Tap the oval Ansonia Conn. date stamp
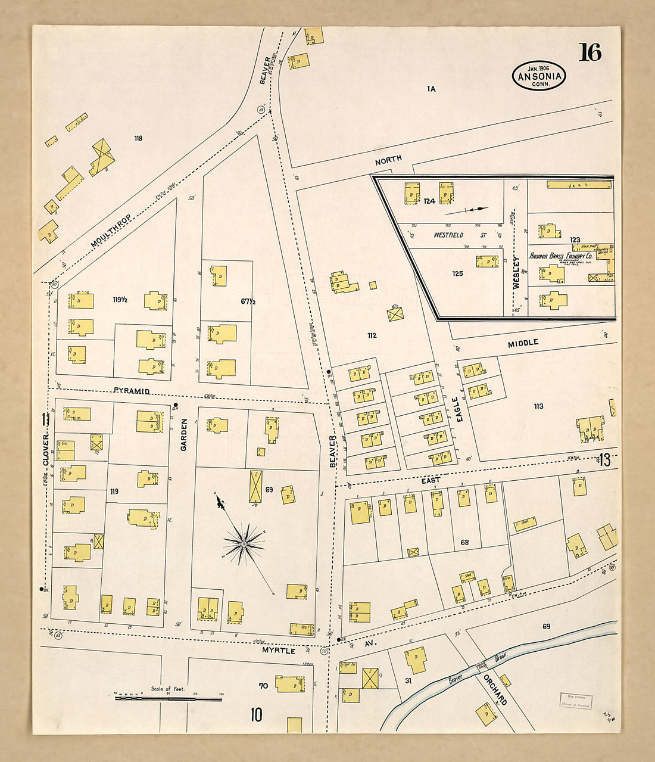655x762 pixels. tap(539, 76)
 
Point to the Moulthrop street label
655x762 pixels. tap(111, 231)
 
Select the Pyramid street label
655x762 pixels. tap(131, 391)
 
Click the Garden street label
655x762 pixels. tap(184, 434)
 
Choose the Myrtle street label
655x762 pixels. tap(279, 651)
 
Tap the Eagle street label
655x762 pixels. tap(459, 410)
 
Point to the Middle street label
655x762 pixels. tap(523, 343)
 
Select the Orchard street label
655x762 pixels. tap(494, 690)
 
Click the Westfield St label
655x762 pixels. tap(448, 235)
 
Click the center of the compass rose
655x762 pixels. tap(244, 543)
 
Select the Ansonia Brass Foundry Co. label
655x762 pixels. tap(560, 256)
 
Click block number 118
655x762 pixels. tap(138, 138)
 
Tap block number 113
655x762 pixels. tap(538, 406)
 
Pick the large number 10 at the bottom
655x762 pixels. tap(256, 714)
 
